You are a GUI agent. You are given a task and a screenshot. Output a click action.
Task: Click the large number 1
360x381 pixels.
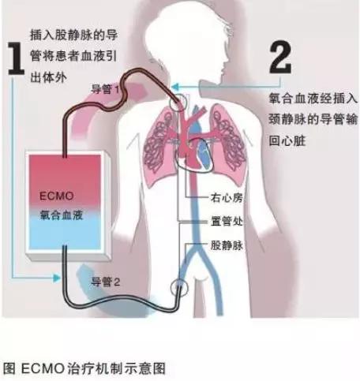[16, 58]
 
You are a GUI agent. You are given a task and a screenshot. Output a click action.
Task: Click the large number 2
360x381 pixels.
[280, 57]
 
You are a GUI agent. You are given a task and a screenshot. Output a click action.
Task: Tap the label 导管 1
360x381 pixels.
[105, 89]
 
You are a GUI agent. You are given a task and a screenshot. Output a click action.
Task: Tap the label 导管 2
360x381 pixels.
[105, 282]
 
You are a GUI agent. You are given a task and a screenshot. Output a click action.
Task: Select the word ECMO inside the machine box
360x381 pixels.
[57, 196]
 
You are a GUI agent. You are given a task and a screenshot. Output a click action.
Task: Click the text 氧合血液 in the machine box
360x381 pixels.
[62, 215]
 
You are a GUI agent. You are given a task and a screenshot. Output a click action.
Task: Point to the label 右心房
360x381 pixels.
[227, 198]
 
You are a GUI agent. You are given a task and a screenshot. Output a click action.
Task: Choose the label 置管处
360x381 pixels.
[227, 221]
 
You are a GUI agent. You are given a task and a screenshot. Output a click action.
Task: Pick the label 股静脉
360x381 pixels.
[227, 245]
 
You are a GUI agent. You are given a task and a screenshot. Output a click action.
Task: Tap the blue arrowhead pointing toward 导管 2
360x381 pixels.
[57, 278]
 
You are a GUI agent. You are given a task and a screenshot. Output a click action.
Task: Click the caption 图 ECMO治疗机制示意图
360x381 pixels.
[84, 368]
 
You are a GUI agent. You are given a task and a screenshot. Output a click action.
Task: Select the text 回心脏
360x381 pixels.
[287, 140]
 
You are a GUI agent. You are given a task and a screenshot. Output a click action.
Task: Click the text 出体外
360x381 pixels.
[49, 77]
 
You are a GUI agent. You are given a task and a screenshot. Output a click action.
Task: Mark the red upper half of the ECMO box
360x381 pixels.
[65, 179]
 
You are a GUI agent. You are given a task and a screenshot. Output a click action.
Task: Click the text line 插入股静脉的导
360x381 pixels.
[73, 35]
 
